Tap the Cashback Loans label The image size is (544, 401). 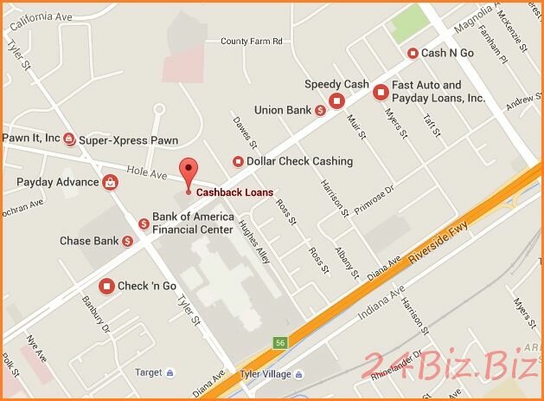coord(234,192)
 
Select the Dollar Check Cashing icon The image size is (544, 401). coord(238,161)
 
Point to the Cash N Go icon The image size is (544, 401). coord(413,54)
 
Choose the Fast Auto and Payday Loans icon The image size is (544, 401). coord(380,91)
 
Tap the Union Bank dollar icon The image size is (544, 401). coord(320,110)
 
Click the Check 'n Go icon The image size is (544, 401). coord(106,286)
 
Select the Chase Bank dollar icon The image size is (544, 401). coord(127,241)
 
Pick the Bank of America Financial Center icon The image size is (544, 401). coord(144,223)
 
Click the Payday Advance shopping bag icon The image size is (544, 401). coord(111,182)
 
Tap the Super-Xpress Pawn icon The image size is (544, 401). coord(69,140)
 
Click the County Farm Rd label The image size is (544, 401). coord(252,41)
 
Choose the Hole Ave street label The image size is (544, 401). coord(146,172)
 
